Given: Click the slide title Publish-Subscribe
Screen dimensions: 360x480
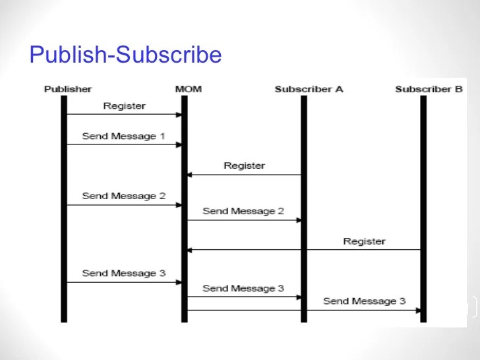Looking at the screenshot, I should pos(125,54).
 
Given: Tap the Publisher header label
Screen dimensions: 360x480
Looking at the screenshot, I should pos(68,89).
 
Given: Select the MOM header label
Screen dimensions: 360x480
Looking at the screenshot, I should pos(184,89).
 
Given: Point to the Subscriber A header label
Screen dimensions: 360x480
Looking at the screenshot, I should pos(309,89).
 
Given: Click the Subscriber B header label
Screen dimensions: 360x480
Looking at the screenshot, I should pos(429,89).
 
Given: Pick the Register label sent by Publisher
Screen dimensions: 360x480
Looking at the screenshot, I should pos(124,105).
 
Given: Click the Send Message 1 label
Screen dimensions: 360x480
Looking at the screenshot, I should pos(123,136).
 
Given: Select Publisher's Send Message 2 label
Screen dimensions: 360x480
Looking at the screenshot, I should pos(123,196).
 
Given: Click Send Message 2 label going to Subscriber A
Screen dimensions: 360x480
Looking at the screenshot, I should pos(243,212).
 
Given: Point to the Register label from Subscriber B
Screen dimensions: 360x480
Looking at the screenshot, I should pos(364,241).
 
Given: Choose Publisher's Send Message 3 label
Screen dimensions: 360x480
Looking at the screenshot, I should pos(123,273).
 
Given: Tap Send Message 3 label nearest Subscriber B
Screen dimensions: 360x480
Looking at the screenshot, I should pos(364,301).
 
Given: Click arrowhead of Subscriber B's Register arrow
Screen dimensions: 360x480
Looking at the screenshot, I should pos(191,250).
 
